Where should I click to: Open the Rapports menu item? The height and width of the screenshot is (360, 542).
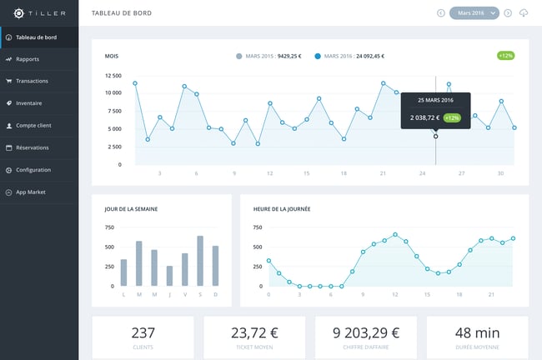(28, 59)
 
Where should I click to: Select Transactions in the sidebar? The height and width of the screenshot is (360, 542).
(32, 81)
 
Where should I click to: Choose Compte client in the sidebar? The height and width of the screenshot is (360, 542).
(33, 126)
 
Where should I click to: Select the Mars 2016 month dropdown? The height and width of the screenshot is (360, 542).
(474, 12)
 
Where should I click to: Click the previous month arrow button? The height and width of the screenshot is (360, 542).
(441, 12)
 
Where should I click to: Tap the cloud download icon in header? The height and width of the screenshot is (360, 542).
(524, 12)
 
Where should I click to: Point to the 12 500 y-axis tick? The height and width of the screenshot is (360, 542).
(113, 76)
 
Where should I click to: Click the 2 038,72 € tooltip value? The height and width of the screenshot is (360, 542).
(424, 117)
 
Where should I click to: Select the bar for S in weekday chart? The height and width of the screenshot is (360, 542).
(200, 261)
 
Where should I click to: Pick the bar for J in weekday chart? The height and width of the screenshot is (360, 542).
(169, 276)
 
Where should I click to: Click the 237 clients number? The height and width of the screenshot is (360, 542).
(143, 332)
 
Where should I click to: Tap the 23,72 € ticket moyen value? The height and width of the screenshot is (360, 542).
(254, 332)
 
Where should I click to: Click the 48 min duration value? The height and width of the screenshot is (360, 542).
(478, 332)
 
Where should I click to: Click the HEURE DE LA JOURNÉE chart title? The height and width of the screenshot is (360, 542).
(282, 208)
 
